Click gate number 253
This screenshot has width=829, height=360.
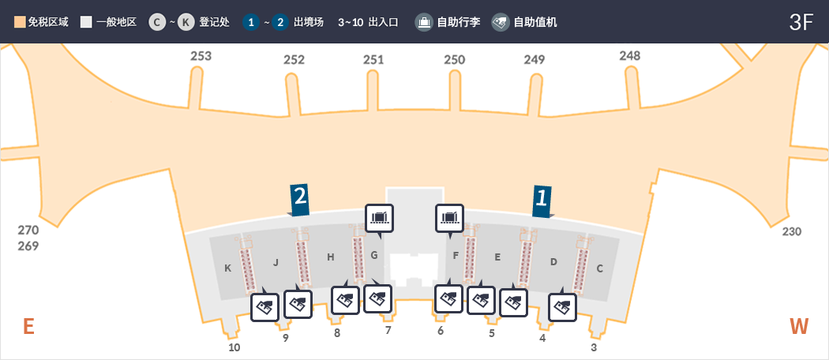point(201,56)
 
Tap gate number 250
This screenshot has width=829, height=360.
point(454,59)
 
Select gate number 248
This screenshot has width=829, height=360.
point(630,55)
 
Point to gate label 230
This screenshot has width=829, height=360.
point(791,232)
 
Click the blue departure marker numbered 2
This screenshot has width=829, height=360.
point(299,200)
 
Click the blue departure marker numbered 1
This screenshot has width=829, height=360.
point(541,200)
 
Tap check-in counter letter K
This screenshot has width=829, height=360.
point(227,268)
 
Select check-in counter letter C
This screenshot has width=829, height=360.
point(599,268)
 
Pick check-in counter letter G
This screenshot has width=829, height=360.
point(374,255)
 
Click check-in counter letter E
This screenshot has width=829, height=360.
point(497,257)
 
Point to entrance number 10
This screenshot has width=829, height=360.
point(234,347)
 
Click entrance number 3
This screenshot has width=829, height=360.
point(594,347)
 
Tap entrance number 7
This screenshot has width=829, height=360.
point(388,330)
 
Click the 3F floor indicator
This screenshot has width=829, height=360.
point(801,22)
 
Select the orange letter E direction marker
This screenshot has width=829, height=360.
point(28,326)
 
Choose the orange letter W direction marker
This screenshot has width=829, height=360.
point(800,326)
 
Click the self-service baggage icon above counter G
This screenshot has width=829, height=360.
point(380,217)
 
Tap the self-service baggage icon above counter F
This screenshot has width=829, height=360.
point(450,217)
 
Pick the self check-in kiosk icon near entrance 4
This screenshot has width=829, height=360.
point(562,306)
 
